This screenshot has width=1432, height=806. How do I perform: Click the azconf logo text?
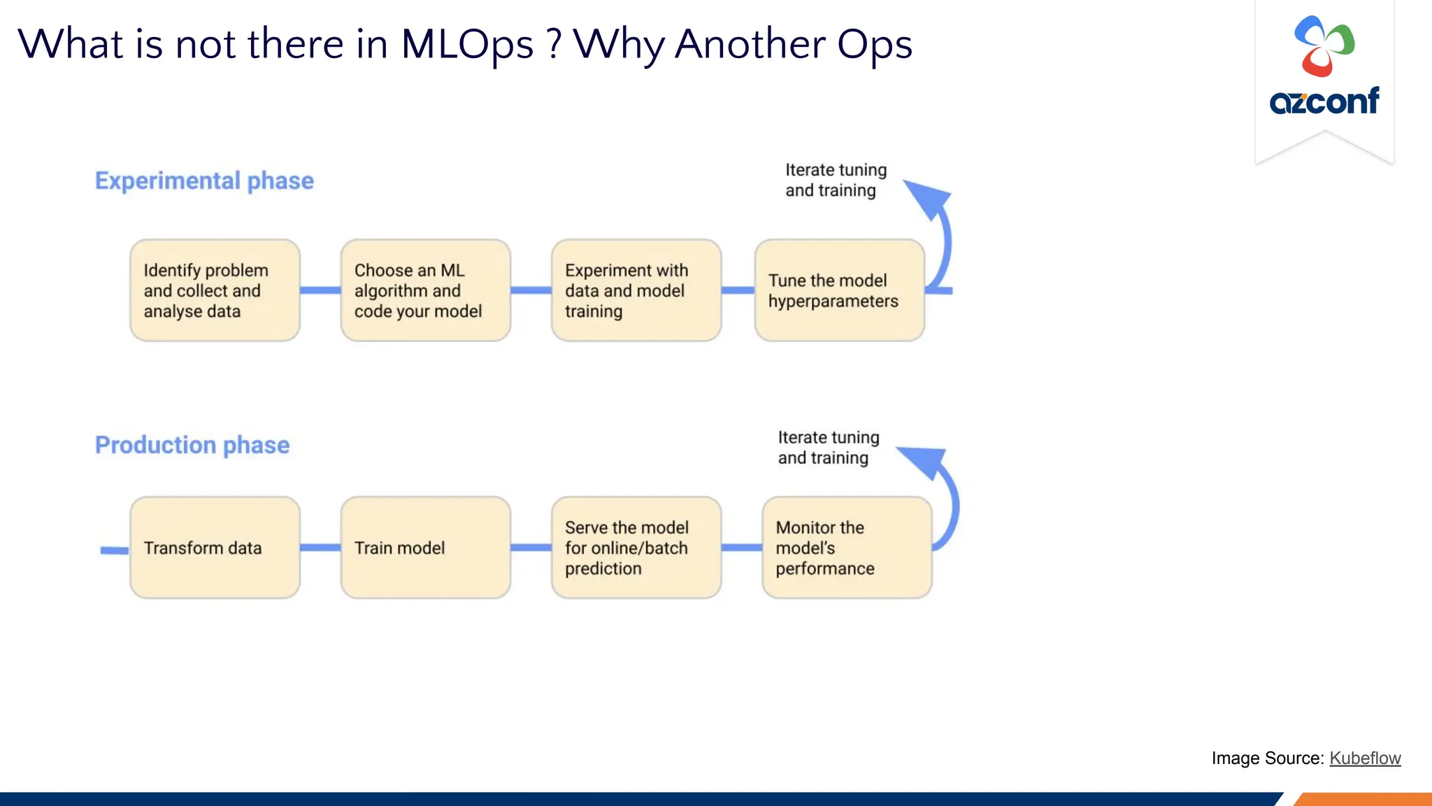1324,101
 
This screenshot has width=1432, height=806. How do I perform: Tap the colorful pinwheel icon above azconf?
1324,46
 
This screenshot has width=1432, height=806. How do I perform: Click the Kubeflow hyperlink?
1364,758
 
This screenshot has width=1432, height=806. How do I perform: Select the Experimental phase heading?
204,181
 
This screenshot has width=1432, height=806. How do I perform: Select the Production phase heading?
192,445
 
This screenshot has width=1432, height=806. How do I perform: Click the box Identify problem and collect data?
215,290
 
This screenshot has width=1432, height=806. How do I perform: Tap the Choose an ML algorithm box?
425,290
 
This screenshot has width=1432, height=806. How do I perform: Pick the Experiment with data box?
636,290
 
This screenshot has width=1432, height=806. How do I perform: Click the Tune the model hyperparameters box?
839,290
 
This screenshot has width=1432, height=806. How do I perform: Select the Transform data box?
215,548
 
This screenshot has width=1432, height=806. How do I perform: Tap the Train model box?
425,548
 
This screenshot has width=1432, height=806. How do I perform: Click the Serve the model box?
636,548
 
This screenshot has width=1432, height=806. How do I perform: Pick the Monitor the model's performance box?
846,548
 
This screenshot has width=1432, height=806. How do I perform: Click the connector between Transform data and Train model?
320,548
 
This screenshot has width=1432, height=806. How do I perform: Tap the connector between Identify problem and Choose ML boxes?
320,290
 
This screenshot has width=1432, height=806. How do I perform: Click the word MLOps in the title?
467,44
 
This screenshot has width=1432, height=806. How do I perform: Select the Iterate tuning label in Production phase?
829,448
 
